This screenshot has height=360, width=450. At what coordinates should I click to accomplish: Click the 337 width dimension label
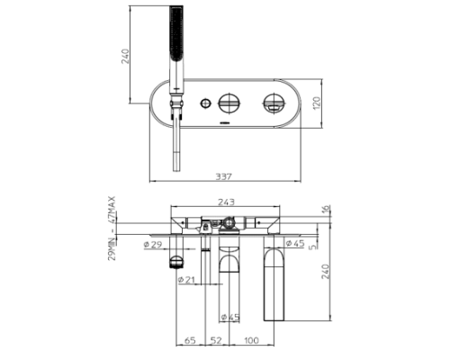pos(224,176)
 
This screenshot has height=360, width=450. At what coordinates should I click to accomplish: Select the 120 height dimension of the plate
pos(317,103)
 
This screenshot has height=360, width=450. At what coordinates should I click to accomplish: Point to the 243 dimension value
pos(226,202)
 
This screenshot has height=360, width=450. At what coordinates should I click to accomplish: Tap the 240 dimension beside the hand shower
pos(125,56)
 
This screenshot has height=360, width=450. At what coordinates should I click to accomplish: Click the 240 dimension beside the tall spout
pos(326,271)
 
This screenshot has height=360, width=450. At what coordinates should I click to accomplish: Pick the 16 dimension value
pos(327,210)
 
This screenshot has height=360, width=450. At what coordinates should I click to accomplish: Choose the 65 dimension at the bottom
pos(190,340)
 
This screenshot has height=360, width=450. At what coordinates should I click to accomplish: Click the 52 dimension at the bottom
pos(216,340)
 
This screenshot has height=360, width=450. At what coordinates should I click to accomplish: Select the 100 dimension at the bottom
pos(251,340)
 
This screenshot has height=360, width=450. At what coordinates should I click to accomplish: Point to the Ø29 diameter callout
pos(153,245)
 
